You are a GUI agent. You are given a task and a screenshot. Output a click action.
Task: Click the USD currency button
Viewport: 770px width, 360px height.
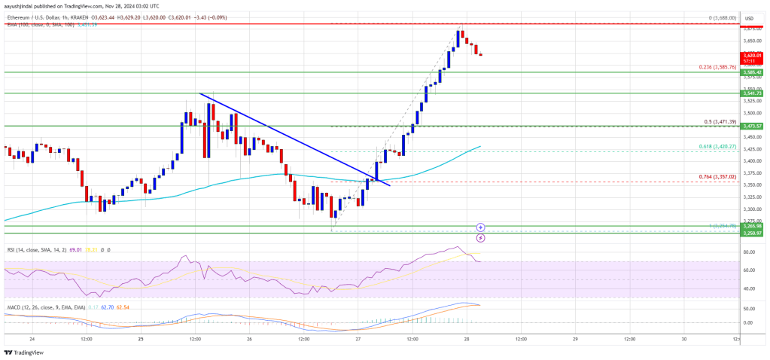[749, 18]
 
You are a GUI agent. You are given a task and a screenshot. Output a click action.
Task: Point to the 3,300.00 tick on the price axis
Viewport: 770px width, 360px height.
[748, 209]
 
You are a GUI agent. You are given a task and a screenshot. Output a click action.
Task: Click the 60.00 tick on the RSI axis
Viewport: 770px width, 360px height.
[748, 270]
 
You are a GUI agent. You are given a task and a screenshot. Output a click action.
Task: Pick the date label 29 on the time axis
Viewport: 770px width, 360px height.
[575, 338]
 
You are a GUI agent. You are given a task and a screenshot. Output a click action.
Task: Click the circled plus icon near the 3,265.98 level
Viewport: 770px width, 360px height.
[480, 227]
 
